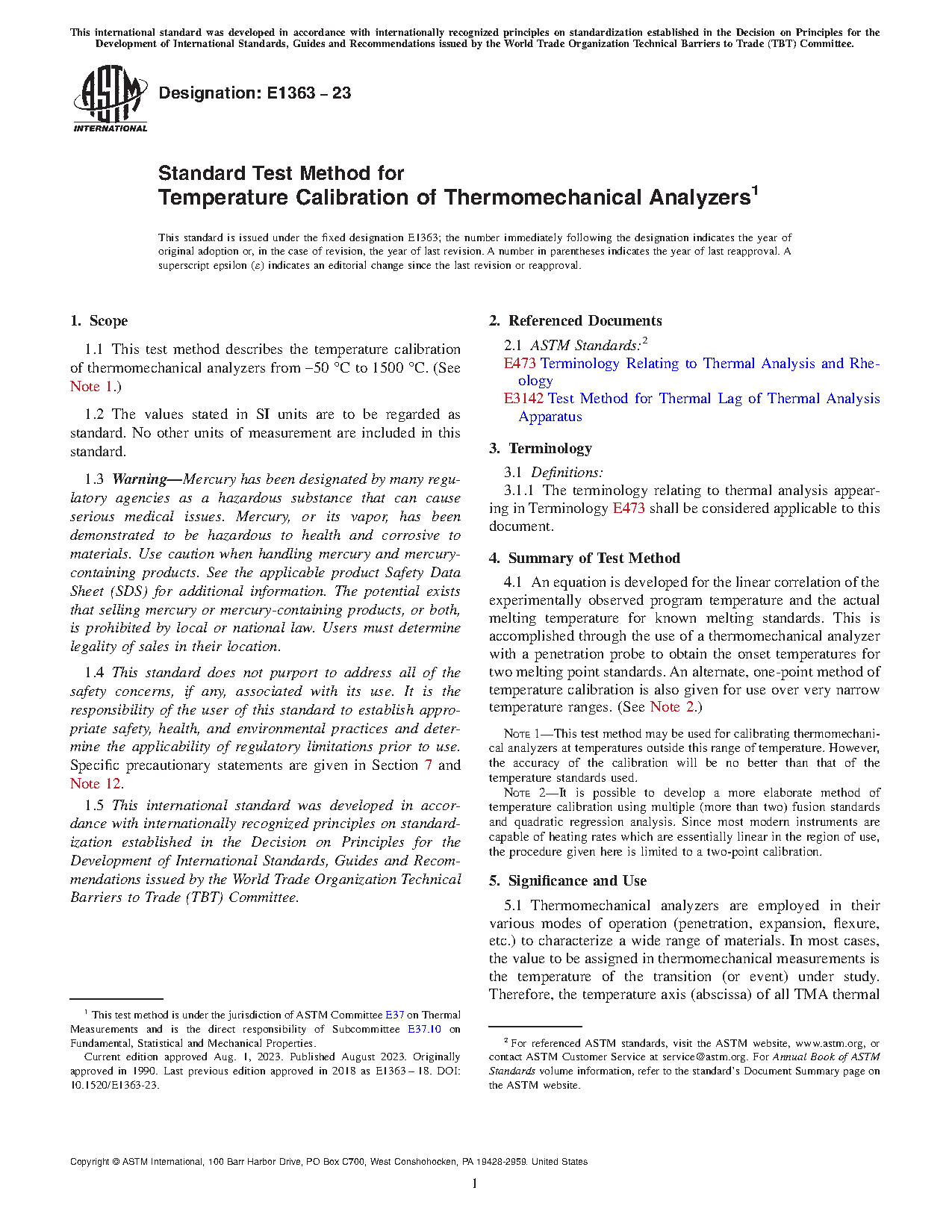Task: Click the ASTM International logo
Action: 110,99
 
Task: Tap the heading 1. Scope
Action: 99,321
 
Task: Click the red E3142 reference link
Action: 523,399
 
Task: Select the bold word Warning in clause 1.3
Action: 139,479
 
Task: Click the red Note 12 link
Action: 96,783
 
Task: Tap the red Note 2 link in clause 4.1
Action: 672,707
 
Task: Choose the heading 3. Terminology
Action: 541,449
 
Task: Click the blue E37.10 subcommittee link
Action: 424,1029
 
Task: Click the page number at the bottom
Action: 475,1183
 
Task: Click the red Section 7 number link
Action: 428,765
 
